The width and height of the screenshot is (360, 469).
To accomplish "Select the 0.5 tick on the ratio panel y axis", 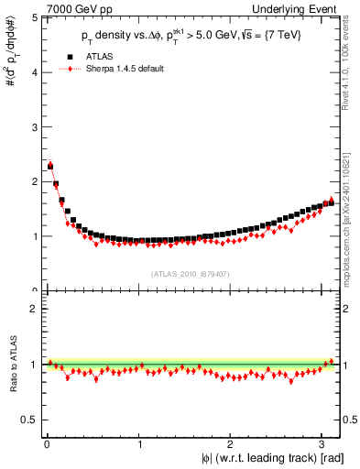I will pyautogui.click(x=28, y=420).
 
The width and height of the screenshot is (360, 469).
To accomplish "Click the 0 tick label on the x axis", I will pyautogui.click(x=47, y=446).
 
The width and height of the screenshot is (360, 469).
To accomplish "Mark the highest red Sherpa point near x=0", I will pyautogui.click(x=49, y=164).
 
